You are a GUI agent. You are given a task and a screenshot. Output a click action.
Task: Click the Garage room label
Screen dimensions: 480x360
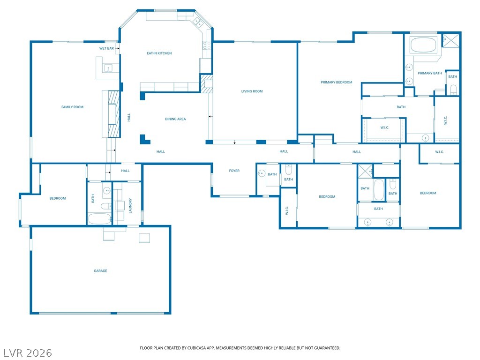(100, 270)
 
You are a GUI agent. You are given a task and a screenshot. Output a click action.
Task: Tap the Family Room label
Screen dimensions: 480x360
(72, 107)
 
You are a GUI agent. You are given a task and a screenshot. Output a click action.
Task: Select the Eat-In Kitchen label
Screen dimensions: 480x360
(159, 53)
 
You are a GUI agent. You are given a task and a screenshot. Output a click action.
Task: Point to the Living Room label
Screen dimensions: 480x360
(252, 91)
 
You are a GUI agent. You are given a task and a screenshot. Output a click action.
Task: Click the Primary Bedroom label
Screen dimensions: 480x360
(337, 82)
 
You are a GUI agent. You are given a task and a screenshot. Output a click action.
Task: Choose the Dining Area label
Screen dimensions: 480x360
(175, 119)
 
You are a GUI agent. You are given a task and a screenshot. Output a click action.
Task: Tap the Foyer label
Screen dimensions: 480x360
(234, 171)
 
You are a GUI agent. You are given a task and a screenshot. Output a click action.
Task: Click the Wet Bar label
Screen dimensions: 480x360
(106, 48)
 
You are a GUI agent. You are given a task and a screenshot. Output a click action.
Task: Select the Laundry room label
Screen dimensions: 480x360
(130, 206)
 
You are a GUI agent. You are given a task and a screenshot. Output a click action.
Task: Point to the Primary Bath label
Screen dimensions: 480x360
(430, 73)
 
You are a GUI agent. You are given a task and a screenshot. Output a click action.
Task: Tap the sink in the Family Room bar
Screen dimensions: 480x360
(108, 68)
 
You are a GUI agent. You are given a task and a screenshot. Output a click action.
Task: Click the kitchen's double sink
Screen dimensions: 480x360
(198, 22)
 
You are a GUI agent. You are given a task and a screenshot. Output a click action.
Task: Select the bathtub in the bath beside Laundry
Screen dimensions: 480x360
(100, 218)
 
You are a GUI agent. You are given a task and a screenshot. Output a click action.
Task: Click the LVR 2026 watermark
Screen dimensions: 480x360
(28, 352)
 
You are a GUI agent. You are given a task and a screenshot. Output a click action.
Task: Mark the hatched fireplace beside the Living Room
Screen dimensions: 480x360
(206, 83)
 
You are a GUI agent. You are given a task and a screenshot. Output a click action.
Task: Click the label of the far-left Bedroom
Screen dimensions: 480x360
(58, 198)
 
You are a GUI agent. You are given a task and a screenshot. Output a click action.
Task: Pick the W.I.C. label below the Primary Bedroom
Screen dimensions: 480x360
(385, 127)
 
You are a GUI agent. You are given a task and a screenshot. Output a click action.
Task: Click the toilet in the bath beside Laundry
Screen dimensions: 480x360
(106, 206)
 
